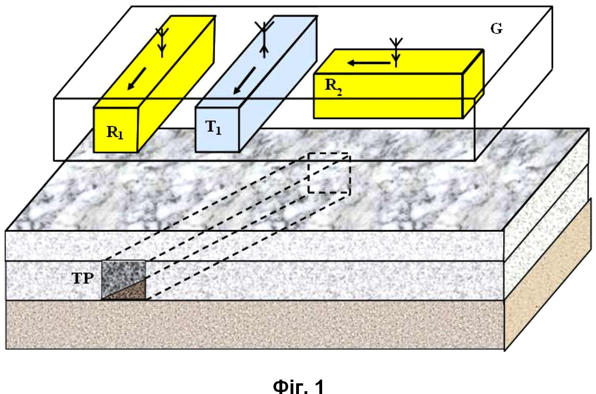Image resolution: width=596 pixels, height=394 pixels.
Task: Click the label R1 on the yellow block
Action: pyautogui.click(x=115, y=132)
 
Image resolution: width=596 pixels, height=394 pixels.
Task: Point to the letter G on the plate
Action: pyautogui.click(x=497, y=29)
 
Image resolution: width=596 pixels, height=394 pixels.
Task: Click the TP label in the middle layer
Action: pyautogui.click(x=83, y=279)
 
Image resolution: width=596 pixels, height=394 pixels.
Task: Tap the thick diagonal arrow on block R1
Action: pyautogui.click(x=137, y=79)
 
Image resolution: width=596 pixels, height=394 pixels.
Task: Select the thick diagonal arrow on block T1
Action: pyautogui.click(x=244, y=81)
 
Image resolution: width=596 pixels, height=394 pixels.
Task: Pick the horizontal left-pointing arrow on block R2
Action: pyautogui.click(x=369, y=63)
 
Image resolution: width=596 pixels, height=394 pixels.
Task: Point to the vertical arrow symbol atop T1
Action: pyautogui.click(x=264, y=40)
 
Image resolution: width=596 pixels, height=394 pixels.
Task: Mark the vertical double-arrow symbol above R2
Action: pyautogui.click(x=396, y=52)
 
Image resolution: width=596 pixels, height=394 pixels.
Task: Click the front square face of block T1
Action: pyautogui.click(x=217, y=130)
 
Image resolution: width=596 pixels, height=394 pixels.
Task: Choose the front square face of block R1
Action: pyautogui.click(x=116, y=130)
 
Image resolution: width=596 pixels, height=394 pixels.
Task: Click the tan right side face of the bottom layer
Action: pyautogui.click(x=548, y=275)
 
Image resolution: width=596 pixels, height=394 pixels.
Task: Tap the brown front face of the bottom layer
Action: pyautogui.click(x=255, y=324)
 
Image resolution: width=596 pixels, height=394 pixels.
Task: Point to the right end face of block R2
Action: pyautogui.click(x=473, y=84)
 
